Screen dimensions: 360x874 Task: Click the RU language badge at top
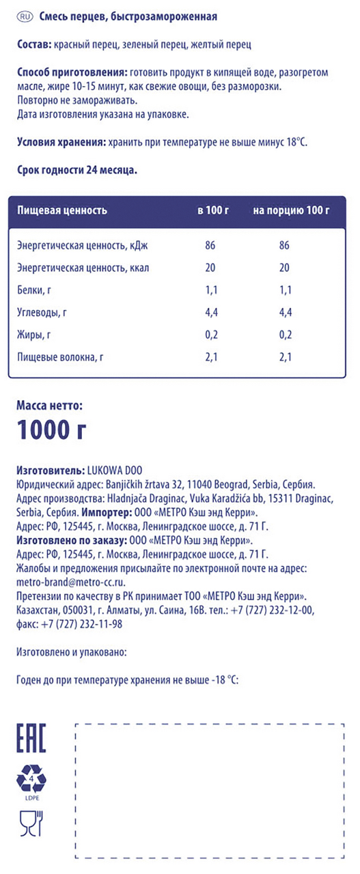[24, 16]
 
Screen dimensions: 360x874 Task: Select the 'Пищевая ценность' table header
[62, 210]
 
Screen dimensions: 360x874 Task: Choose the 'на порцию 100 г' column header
[292, 210]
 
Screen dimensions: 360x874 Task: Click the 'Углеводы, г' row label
[42, 313]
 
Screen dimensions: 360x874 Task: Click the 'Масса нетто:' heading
[49, 406]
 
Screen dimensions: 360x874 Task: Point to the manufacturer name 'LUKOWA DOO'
[113, 471]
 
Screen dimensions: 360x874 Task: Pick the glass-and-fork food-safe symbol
[31, 823]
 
